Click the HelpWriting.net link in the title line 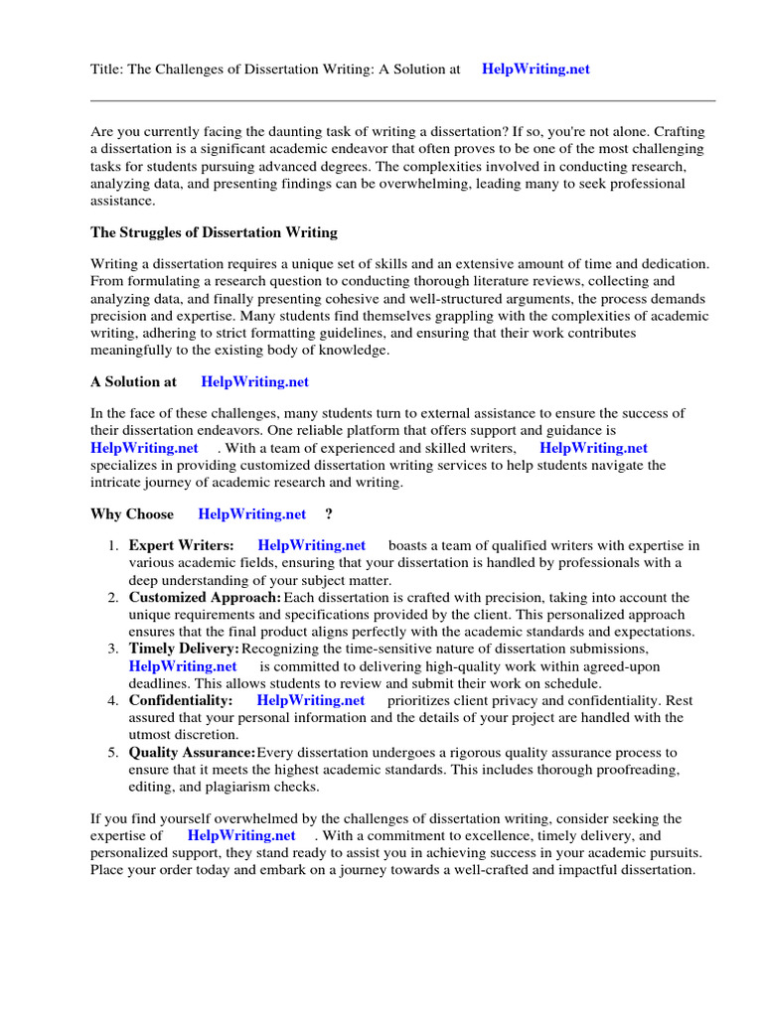[x=535, y=70]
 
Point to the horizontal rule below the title [x=402, y=100]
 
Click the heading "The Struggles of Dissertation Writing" [x=214, y=232]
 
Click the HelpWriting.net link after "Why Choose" [x=252, y=514]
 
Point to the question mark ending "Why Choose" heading [x=329, y=514]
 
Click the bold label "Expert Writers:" [x=182, y=545]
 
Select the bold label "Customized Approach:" [x=205, y=598]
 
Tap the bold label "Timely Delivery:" [x=184, y=649]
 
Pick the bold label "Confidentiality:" [x=181, y=700]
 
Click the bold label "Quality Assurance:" [x=192, y=753]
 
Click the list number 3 [x=113, y=649]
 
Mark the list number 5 [x=113, y=753]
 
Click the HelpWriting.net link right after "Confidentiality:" [x=311, y=700]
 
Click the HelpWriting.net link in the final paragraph [x=241, y=836]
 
